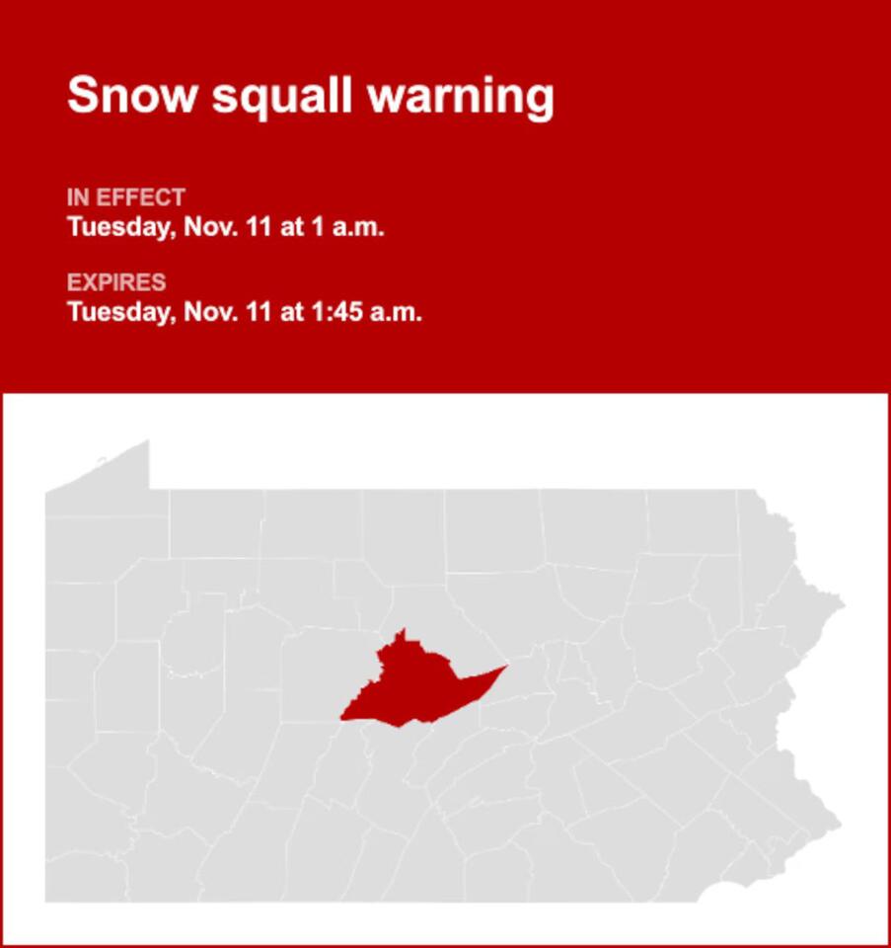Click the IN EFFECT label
coord(125,197)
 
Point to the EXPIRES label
coord(116,282)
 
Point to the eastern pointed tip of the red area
coord(502,669)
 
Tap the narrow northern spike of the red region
coord(401,634)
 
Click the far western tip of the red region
coord(344,718)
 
